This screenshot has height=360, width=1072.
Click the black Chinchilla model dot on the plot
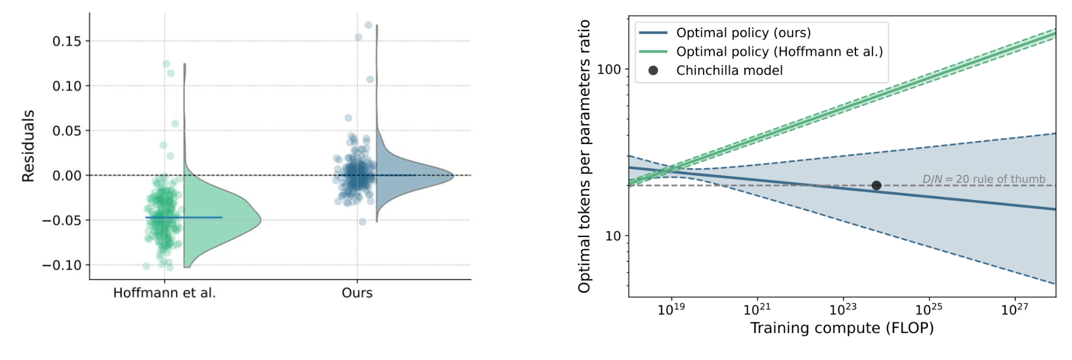coord(876,185)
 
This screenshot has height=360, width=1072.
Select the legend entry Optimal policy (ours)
coord(743,33)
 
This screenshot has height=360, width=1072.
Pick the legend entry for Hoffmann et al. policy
coord(779,52)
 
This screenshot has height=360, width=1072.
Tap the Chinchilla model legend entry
coord(729,71)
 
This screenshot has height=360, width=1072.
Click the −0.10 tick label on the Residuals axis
coord(61,265)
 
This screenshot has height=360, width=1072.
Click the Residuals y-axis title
coord(28,145)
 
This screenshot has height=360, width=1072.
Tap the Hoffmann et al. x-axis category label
coord(164,293)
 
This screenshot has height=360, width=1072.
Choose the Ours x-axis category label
coord(357,293)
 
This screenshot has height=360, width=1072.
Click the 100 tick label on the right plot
coord(609,69)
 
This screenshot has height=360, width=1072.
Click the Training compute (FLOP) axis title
coord(842,328)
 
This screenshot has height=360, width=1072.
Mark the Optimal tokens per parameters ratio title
coord(584,156)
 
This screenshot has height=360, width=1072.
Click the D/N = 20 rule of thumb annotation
coord(983,179)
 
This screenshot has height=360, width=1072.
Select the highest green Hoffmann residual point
coord(166,64)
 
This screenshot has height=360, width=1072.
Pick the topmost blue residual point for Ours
coord(368,25)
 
